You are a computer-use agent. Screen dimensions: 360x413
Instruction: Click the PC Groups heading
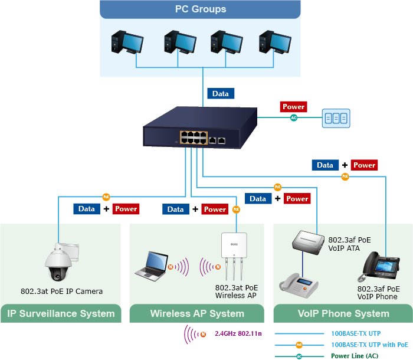pyautogui.click(x=201, y=9)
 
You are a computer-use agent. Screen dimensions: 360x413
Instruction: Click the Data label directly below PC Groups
pyautogui.click(x=221, y=93)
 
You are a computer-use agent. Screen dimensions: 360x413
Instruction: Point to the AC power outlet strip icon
pyautogui.click(x=336, y=118)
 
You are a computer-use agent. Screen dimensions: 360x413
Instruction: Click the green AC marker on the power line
pyautogui.click(x=294, y=118)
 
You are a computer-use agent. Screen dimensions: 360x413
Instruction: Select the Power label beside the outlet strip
pyautogui.click(x=293, y=107)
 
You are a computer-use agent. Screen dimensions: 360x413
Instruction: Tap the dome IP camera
pyautogui.click(x=60, y=263)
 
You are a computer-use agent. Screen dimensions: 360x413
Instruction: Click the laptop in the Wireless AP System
pyautogui.click(x=151, y=265)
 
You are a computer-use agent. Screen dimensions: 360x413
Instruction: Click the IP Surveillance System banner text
pyautogui.click(x=61, y=313)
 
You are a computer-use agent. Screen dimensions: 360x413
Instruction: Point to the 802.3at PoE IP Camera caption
pyautogui.click(x=61, y=291)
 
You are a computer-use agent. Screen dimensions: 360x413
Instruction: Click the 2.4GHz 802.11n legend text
pyautogui.click(x=239, y=333)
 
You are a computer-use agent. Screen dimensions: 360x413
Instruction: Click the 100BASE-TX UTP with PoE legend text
pyautogui.click(x=369, y=345)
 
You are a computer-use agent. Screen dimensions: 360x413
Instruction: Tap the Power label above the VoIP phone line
pyautogui.click(x=364, y=165)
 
